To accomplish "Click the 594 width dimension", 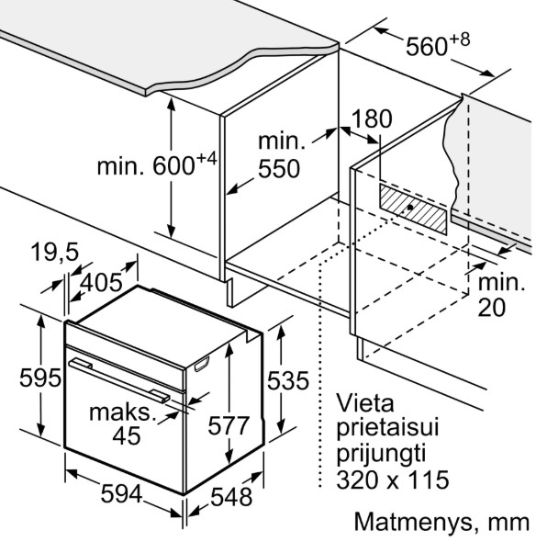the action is (x=121, y=494).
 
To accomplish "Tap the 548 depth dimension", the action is (x=231, y=497).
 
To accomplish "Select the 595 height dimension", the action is (x=40, y=378).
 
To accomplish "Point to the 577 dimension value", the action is (x=229, y=425).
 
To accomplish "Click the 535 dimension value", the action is (x=288, y=380).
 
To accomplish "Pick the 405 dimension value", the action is (x=101, y=282).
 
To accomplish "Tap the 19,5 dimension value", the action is (x=55, y=252).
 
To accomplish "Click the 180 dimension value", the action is (x=372, y=118).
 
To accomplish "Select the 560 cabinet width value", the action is (x=427, y=46).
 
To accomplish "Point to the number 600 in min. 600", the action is (x=173, y=165).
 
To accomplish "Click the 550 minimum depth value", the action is (x=279, y=169).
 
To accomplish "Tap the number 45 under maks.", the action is (x=127, y=435).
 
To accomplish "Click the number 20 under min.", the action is (x=492, y=307).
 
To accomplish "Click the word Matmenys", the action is (x=414, y=523).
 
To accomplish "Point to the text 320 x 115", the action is (x=393, y=480).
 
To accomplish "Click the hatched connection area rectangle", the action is (x=413, y=209).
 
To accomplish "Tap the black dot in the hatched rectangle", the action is (x=410, y=208).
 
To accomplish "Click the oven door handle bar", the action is (x=118, y=379).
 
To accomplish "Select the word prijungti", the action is (x=381, y=454).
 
